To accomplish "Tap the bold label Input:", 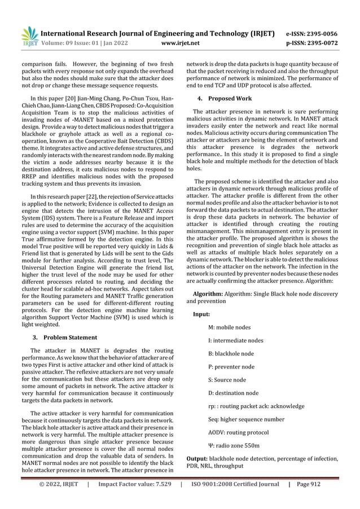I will (201, 314).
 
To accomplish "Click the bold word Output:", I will (199, 459).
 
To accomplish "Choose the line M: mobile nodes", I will (230, 327).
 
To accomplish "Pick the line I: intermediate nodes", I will (235, 340).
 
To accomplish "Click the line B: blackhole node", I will (231, 354).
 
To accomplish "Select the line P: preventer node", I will (231, 367).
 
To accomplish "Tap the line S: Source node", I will (227, 380).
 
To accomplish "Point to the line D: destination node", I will (233, 393).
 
